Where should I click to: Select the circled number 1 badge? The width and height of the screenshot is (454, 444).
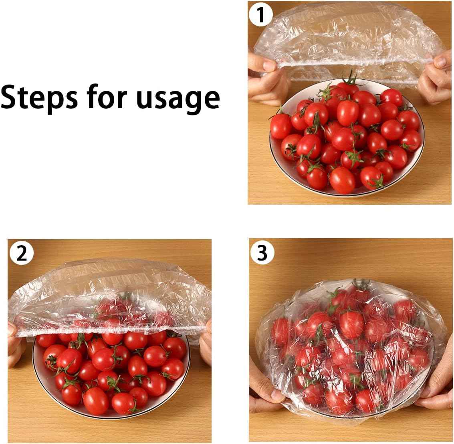tap(260, 14)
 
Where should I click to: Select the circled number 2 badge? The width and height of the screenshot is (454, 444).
tap(22, 253)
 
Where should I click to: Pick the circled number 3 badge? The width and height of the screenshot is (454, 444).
tap(262, 252)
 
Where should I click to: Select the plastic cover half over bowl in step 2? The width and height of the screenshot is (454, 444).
tap(110, 298)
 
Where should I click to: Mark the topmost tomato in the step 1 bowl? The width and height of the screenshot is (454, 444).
tap(348, 87)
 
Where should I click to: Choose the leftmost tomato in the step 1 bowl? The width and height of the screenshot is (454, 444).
tap(280, 126)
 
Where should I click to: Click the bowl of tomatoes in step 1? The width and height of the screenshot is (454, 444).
tap(347, 137)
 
